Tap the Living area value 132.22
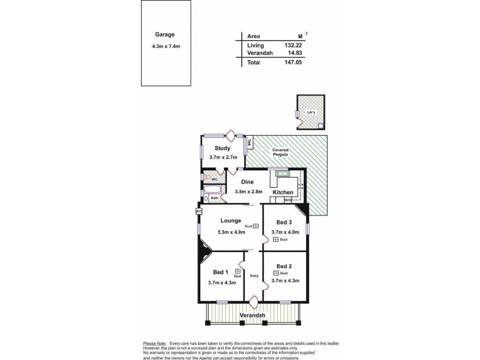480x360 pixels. pos(298,45)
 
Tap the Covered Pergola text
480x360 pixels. pos(281,152)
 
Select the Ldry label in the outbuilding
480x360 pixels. pos(310,112)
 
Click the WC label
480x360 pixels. pos(214,179)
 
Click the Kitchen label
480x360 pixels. pos(283,192)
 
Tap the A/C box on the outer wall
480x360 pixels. pos(198,211)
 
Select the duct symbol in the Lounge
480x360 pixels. pos(256,226)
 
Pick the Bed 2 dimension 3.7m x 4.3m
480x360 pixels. pos(285,280)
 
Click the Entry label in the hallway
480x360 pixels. pos(254,276)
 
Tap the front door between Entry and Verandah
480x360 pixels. pos(255,301)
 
